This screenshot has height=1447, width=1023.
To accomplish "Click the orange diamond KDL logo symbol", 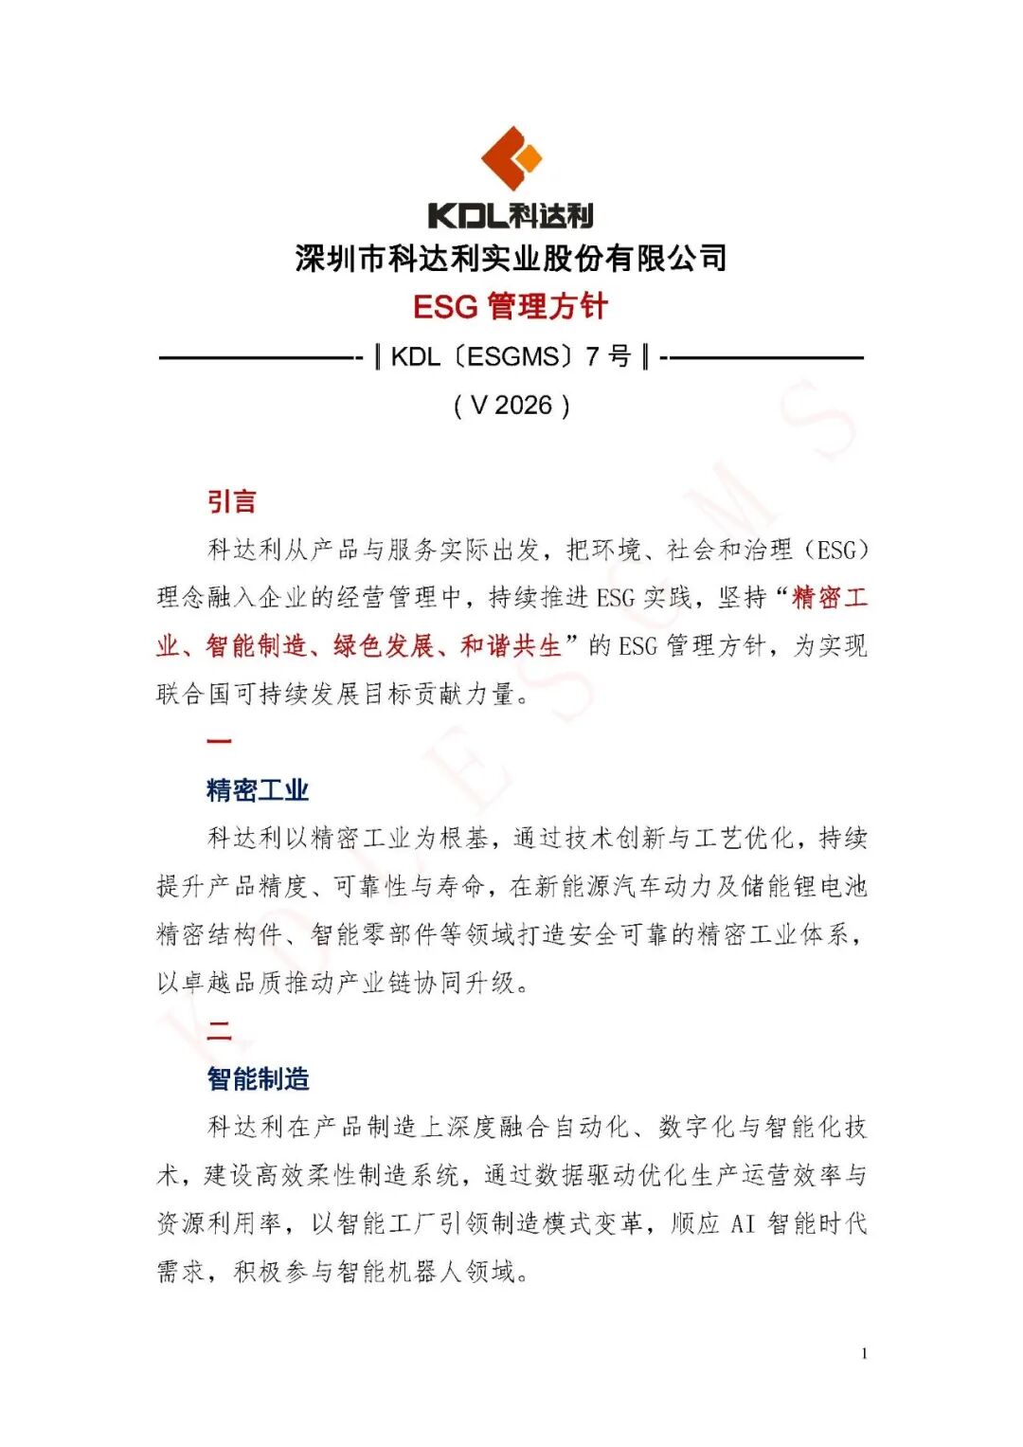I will pos(511,157).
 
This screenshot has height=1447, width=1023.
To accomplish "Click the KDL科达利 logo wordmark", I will pos(511,215).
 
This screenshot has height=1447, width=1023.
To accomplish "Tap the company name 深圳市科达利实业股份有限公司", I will pos(511,258).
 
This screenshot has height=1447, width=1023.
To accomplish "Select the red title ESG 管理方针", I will pos(511,306).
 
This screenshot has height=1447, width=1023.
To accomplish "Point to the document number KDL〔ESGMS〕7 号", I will pos(511,357).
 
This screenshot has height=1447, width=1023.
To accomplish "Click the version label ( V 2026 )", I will pos(511,406).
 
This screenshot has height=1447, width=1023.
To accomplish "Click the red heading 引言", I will pos(232,501).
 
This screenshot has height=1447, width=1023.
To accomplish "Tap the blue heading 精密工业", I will pos(258,790).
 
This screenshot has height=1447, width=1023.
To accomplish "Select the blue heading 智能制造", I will pos(258,1078).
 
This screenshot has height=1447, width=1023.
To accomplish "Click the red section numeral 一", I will pos(219,741).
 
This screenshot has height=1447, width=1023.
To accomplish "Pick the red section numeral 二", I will pos(219,1029).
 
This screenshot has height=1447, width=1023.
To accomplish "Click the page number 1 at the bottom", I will pos(864,1354).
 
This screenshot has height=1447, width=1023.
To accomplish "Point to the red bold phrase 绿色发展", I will pos(384,646).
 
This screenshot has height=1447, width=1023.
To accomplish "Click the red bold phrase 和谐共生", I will pos(511,646).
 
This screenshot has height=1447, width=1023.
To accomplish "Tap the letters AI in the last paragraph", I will pos(743,1223).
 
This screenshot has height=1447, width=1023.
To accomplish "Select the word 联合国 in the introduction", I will pos(193,694).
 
